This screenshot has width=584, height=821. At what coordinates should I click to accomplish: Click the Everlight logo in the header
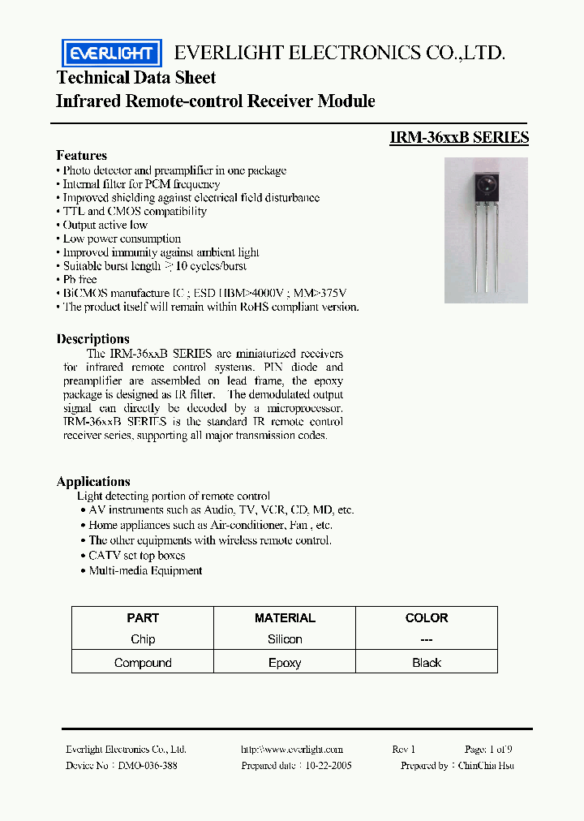[x=112, y=54]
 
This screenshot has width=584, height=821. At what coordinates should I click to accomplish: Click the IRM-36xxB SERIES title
[x=459, y=137]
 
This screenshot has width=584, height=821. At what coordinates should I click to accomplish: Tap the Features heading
[x=81, y=155]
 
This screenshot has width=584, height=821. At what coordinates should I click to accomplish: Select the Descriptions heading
[x=92, y=338]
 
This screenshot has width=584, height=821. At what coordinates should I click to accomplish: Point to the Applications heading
[x=93, y=481]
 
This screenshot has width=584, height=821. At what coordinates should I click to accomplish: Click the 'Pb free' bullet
[x=82, y=279]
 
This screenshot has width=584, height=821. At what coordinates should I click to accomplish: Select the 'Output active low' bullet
[x=105, y=225]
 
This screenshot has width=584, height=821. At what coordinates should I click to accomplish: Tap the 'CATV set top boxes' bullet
[x=136, y=556]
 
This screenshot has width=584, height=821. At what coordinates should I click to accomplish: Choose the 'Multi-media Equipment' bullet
[x=145, y=570]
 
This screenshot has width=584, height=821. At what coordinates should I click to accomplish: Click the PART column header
[x=143, y=617]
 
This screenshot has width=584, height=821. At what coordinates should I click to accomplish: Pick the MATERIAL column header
[x=285, y=617]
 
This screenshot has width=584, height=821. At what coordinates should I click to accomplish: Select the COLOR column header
[x=426, y=617]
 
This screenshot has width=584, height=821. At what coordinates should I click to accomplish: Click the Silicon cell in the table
[x=285, y=639]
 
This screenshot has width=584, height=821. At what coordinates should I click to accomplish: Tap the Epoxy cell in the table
[x=285, y=663]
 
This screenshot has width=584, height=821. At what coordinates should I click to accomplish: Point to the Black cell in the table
[x=426, y=663]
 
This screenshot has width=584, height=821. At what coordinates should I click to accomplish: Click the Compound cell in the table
[x=143, y=663]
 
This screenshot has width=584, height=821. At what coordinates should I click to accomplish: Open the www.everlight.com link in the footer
[x=292, y=750]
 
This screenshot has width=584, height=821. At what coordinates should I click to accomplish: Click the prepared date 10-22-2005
[x=328, y=765]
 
